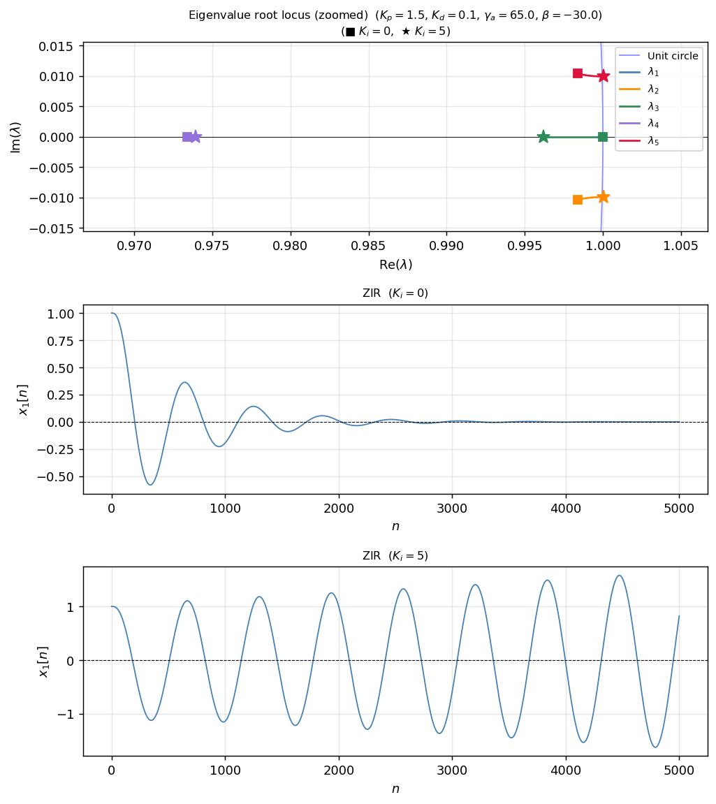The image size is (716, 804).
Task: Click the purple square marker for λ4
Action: pos(187,137)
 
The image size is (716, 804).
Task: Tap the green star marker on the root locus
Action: pos(543,137)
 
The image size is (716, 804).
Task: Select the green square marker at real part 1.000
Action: pos(603,137)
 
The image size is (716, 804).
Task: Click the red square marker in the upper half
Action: pos(578,73)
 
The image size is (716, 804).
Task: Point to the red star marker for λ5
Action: pos(604,76)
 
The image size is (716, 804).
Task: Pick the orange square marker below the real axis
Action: pos(578,200)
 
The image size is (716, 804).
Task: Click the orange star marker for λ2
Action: pos(604,197)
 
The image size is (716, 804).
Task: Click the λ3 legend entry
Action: pos(652,107)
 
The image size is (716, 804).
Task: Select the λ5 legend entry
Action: pos(652,141)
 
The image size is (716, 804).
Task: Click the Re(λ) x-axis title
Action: pos(395,265)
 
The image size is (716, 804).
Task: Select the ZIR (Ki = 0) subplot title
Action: pos(395,293)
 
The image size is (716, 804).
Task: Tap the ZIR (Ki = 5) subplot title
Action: pos(395,556)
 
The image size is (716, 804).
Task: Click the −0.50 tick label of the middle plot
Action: pos(58,476)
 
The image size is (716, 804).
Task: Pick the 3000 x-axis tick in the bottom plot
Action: pos(452,770)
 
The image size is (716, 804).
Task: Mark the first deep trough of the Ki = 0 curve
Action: pos(150,484)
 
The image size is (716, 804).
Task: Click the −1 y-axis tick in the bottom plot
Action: pos(68,715)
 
